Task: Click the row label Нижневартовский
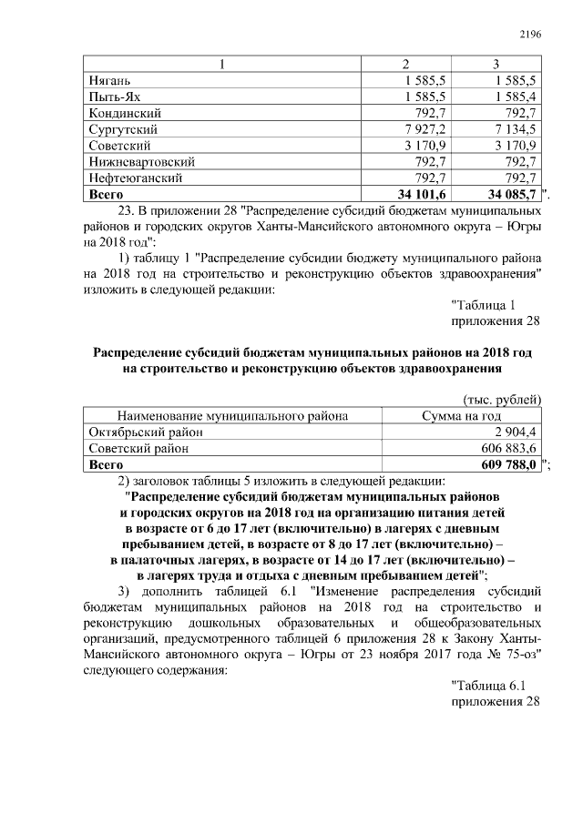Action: [141, 162]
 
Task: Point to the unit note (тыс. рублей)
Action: [503, 400]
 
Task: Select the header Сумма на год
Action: [461, 416]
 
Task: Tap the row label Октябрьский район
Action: [146, 432]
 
